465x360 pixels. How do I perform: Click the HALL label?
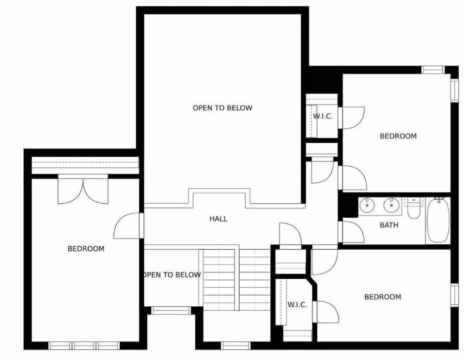click(218, 219)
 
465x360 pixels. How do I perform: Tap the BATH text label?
click(389, 225)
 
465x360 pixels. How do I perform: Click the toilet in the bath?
click(414, 209)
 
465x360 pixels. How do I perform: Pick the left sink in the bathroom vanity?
click(367, 205)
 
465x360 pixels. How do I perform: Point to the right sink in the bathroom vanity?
click(390, 205)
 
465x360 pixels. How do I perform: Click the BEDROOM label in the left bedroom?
click(86, 249)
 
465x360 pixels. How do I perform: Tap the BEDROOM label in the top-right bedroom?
click(398, 136)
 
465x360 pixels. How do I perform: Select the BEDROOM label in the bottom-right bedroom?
click(382, 297)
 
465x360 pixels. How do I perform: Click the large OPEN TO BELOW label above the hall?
click(222, 108)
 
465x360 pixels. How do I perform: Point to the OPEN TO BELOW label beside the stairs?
click(171, 275)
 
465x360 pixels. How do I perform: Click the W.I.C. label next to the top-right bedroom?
click(323, 117)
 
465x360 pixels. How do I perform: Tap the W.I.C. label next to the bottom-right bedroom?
click(297, 304)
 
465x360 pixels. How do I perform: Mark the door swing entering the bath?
click(352, 232)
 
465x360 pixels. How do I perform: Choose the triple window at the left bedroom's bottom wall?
click(84, 345)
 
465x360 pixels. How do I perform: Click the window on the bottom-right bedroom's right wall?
click(454, 295)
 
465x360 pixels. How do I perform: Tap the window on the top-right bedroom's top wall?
click(433, 70)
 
